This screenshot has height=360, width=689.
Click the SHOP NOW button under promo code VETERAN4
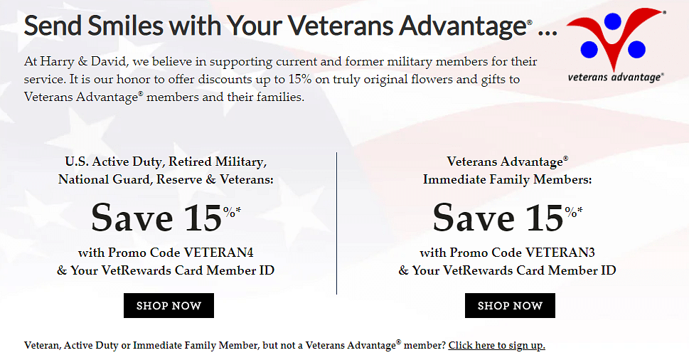[169, 305]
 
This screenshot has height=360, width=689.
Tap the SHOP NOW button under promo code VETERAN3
[510, 305]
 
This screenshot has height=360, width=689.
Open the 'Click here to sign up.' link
[496, 345]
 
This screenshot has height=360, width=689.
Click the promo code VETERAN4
[218, 253]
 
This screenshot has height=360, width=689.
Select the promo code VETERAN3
[560, 253]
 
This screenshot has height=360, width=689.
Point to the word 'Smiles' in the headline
[125, 26]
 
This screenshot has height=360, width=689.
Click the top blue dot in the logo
[612, 21]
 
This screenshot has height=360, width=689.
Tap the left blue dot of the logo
[589, 50]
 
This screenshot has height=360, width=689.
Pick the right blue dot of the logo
[636, 49]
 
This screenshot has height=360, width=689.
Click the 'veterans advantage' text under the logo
[615, 78]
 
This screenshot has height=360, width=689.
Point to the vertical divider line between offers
[336, 223]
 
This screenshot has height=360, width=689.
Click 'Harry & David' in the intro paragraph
[82, 61]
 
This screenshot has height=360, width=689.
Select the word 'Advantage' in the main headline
[462, 26]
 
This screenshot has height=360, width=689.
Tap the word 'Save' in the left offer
[132, 218]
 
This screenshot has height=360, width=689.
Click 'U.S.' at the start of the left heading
[75, 162]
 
